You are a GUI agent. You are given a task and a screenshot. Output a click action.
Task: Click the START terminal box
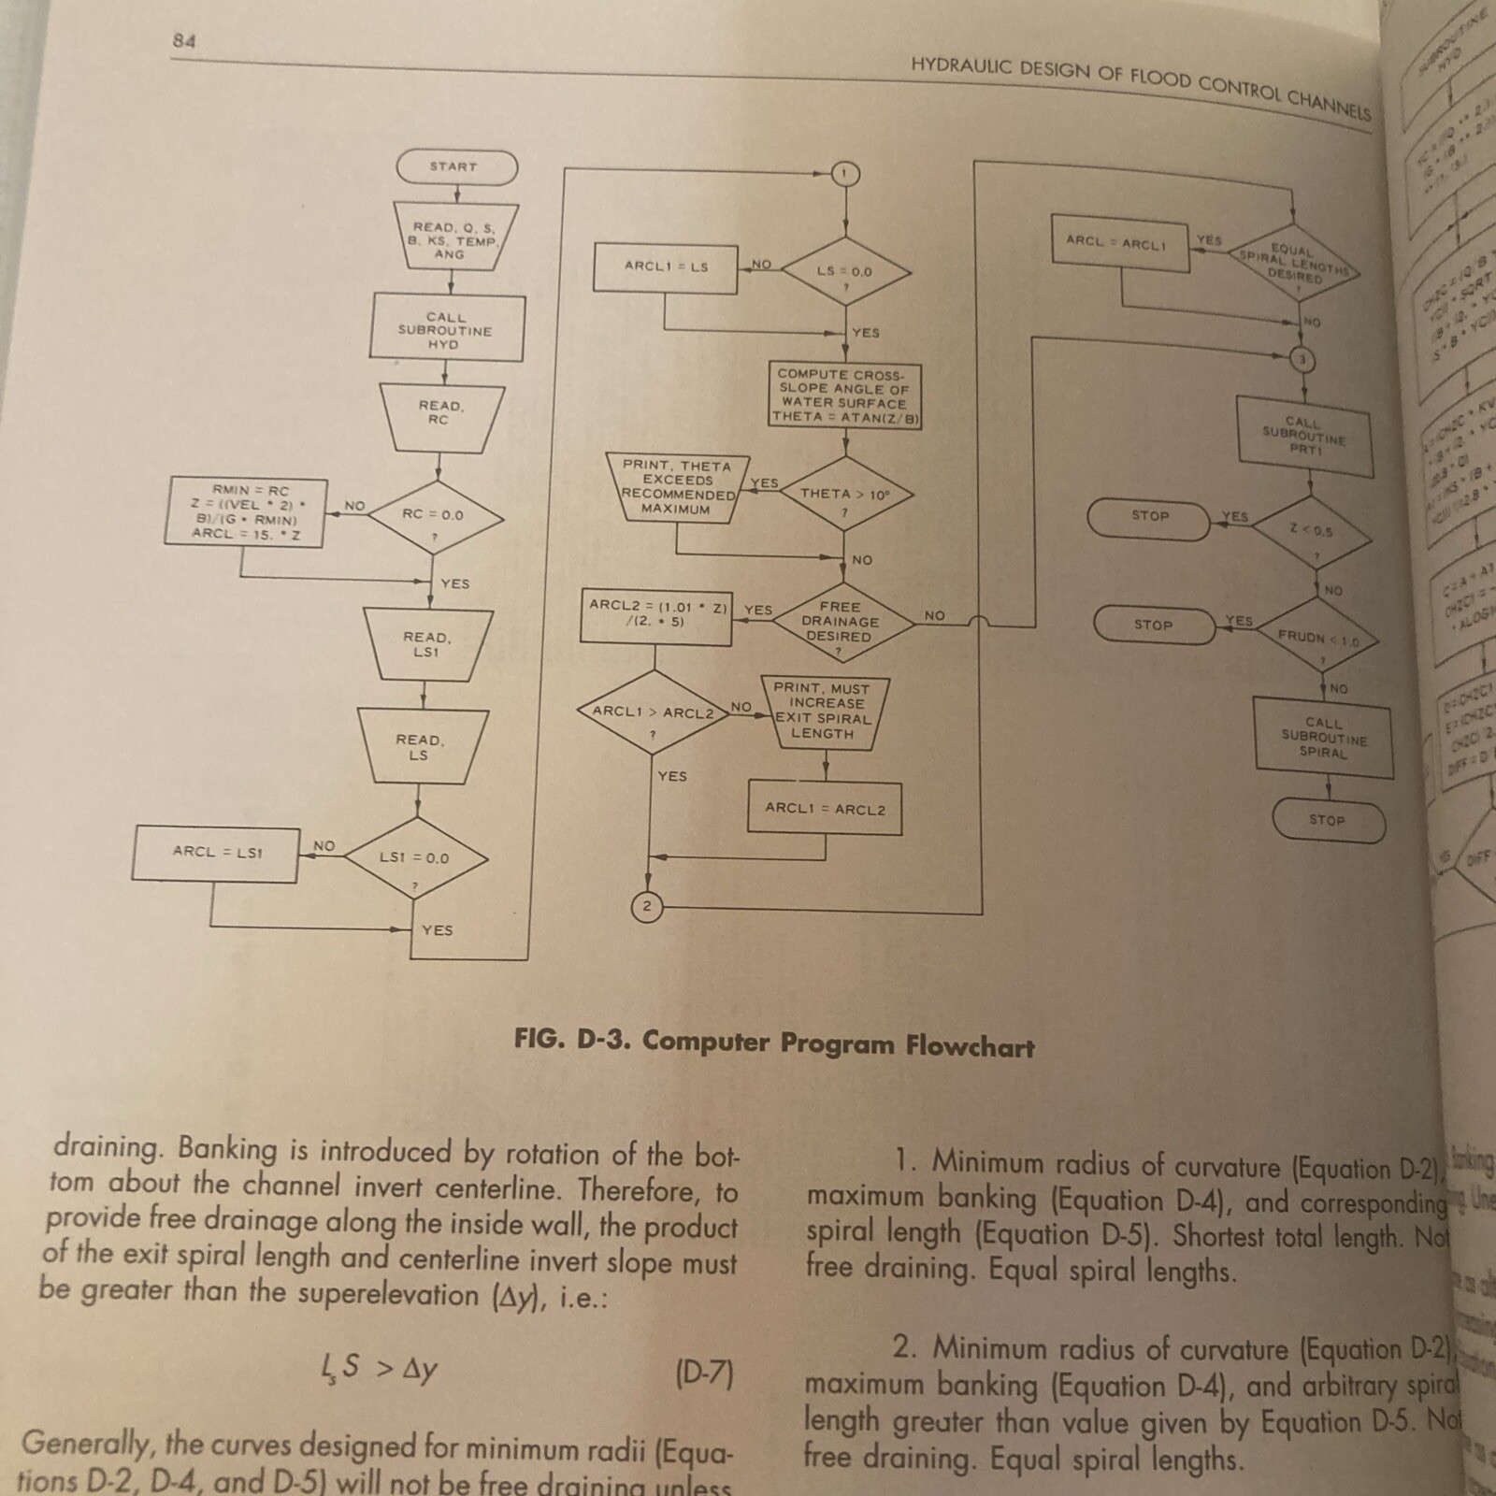click(x=456, y=167)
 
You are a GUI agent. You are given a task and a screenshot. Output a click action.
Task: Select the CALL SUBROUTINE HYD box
click(x=446, y=330)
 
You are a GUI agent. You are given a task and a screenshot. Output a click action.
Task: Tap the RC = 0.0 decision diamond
click(x=433, y=515)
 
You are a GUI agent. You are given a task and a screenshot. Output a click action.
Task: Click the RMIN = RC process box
click(x=246, y=511)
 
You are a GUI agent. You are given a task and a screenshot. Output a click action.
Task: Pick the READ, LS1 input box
click(x=426, y=645)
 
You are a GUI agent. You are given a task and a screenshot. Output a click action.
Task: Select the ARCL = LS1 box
click(x=217, y=853)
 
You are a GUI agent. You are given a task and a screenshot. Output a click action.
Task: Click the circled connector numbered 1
click(x=844, y=174)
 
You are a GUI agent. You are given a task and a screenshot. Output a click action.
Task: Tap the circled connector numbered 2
click(x=646, y=906)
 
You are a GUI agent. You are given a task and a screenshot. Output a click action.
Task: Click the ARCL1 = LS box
click(x=667, y=267)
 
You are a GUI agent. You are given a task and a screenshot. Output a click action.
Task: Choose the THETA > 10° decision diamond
click(x=844, y=495)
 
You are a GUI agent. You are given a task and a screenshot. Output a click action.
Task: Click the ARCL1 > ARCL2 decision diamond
click(x=653, y=713)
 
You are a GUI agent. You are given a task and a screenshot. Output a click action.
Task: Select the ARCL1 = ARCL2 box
click(x=825, y=809)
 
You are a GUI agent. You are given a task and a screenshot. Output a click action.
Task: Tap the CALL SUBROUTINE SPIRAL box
click(x=1324, y=738)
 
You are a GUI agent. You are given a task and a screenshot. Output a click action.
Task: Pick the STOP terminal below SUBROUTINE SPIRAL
click(x=1328, y=820)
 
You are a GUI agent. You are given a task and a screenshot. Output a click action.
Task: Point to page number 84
click(x=184, y=40)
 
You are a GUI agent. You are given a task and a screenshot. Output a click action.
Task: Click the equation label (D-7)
click(x=703, y=1374)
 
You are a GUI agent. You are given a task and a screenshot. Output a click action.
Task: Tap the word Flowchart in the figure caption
click(x=970, y=1046)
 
